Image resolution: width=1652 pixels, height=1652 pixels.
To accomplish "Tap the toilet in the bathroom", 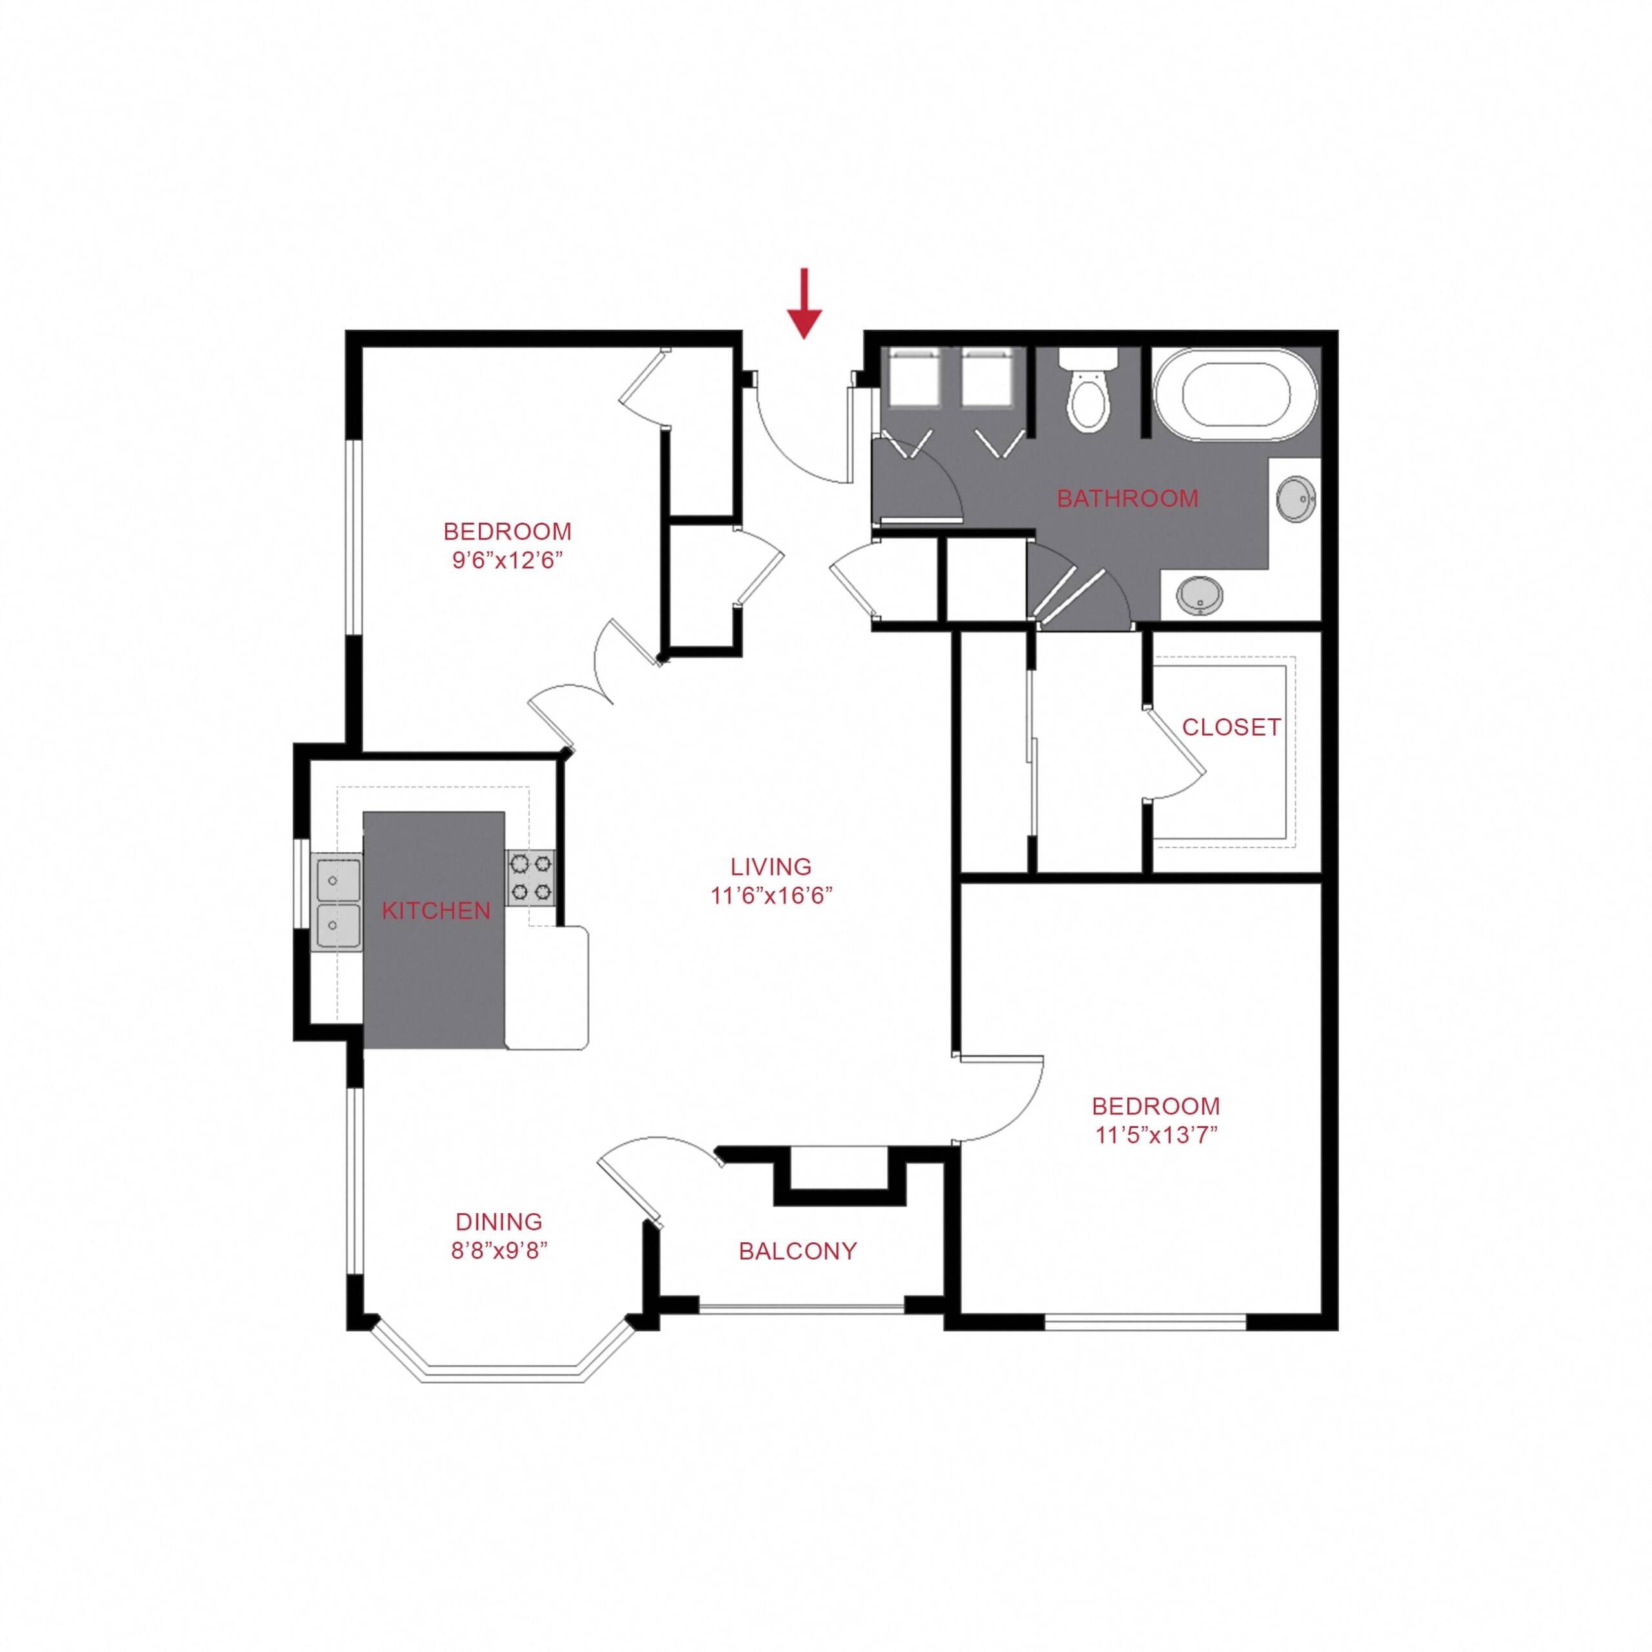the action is [x=1087, y=389].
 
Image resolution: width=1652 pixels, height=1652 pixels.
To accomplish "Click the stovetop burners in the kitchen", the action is [x=531, y=878].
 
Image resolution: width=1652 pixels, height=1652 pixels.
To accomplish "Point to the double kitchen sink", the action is [x=337, y=903].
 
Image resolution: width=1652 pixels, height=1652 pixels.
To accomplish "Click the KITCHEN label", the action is [x=436, y=912].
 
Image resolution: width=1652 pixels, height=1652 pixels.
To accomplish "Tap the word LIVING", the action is [x=771, y=867].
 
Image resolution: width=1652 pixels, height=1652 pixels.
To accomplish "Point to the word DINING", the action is [x=499, y=1222].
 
